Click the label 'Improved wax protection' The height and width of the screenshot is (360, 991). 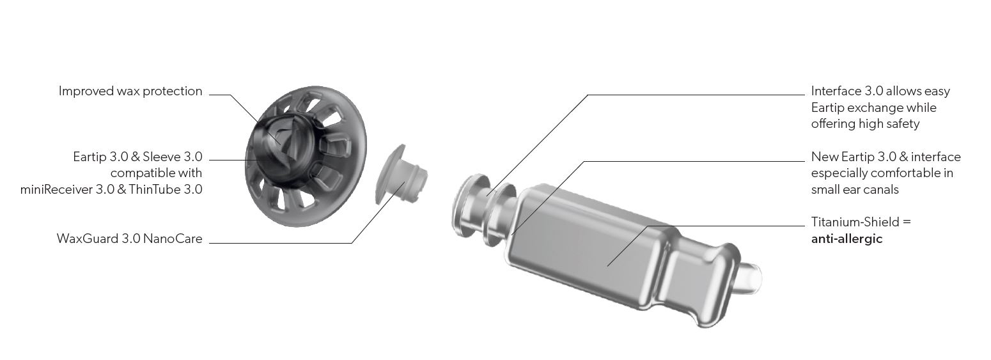pos(130,91)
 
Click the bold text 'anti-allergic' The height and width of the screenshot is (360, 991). pos(847,239)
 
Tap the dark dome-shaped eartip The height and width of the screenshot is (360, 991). pos(300,205)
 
